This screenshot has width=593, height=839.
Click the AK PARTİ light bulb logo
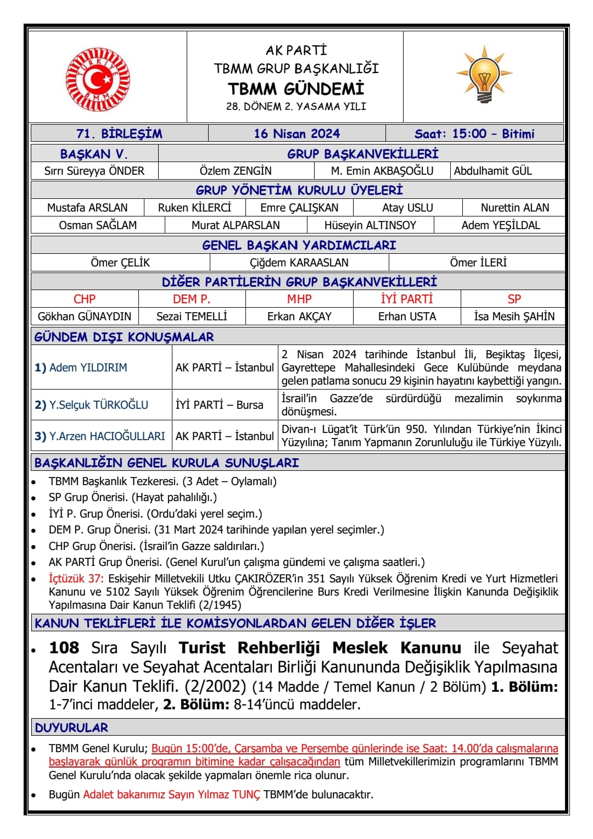(x=483, y=75)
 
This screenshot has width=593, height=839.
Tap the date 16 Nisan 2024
(x=296, y=134)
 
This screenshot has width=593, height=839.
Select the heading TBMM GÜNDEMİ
(x=296, y=88)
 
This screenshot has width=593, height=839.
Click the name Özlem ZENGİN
(x=236, y=171)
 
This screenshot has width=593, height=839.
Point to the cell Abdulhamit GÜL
(x=493, y=171)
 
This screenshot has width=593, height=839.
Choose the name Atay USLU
(x=407, y=208)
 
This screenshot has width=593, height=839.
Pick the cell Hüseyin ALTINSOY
(x=370, y=225)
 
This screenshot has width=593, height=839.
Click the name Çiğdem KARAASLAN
(x=299, y=263)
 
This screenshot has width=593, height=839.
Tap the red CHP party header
(x=85, y=299)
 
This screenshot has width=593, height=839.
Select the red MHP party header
(x=299, y=299)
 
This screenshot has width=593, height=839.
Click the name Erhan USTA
(x=407, y=316)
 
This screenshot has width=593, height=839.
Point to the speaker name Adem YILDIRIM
(x=88, y=368)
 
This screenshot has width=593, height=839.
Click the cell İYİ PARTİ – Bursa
(x=220, y=405)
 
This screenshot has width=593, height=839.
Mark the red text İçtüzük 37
(x=76, y=579)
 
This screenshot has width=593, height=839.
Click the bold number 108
(x=64, y=648)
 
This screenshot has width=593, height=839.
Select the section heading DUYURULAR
(x=71, y=727)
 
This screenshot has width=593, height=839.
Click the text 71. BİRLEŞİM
(x=119, y=134)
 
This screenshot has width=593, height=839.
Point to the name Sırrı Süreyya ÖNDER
(x=94, y=171)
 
